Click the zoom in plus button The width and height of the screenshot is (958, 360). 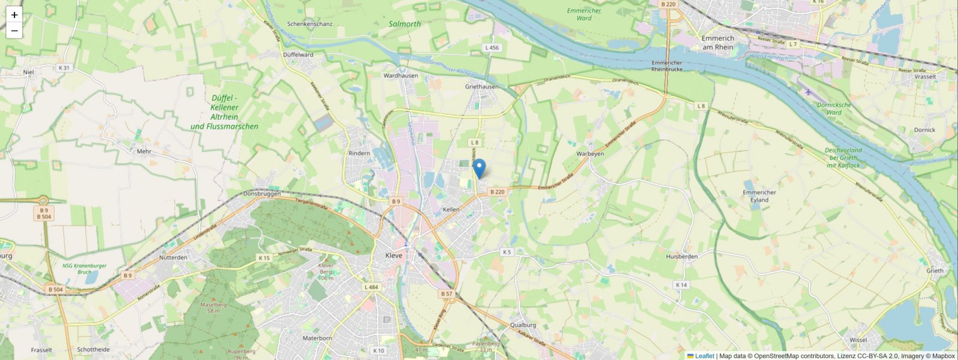pyautogui.click(x=14, y=15)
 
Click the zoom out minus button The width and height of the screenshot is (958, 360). pyautogui.click(x=14, y=31)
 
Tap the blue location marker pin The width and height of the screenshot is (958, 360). pyautogui.click(x=479, y=168)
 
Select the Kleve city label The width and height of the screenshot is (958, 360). pyautogui.click(x=394, y=256)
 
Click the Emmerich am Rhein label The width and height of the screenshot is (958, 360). pyautogui.click(x=717, y=43)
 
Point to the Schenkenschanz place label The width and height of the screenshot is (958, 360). pyautogui.click(x=310, y=25)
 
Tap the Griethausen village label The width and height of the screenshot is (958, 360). pyautogui.click(x=481, y=87)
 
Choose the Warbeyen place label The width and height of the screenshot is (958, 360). pyautogui.click(x=590, y=154)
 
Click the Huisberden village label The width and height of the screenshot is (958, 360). pyautogui.click(x=681, y=257)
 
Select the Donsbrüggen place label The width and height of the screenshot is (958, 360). pyautogui.click(x=262, y=194)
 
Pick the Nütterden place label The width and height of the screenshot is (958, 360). pyautogui.click(x=173, y=258)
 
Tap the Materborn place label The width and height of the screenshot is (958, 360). pyautogui.click(x=317, y=338)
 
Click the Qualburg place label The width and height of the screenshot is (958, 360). pyautogui.click(x=523, y=325)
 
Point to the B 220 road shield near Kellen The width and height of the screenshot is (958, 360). pyautogui.click(x=497, y=192)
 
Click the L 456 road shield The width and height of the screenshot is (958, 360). pyautogui.click(x=492, y=48)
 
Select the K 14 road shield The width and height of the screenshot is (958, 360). pyautogui.click(x=681, y=285)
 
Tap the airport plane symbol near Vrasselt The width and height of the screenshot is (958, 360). pyautogui.click(x=809, y=92)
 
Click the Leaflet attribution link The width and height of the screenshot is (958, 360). pyautogui.click(x=704, y=356)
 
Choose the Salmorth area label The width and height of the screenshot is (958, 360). pyautogui.click(x=405, y=24)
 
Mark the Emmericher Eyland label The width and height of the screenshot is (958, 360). pyautogui.click(x=759, y=196)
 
